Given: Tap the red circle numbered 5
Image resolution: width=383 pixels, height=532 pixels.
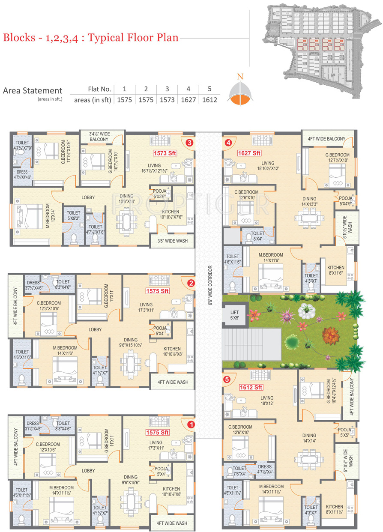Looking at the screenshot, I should point(227,379).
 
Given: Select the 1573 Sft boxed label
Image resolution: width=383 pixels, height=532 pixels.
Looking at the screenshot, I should point(165,152).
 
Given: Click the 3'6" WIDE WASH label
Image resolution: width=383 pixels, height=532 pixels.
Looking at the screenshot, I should point(173,241).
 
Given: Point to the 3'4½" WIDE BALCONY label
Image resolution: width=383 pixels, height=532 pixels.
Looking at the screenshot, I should point(99,137).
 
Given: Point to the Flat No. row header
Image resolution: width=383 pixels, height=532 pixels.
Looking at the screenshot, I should point(99,89).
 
